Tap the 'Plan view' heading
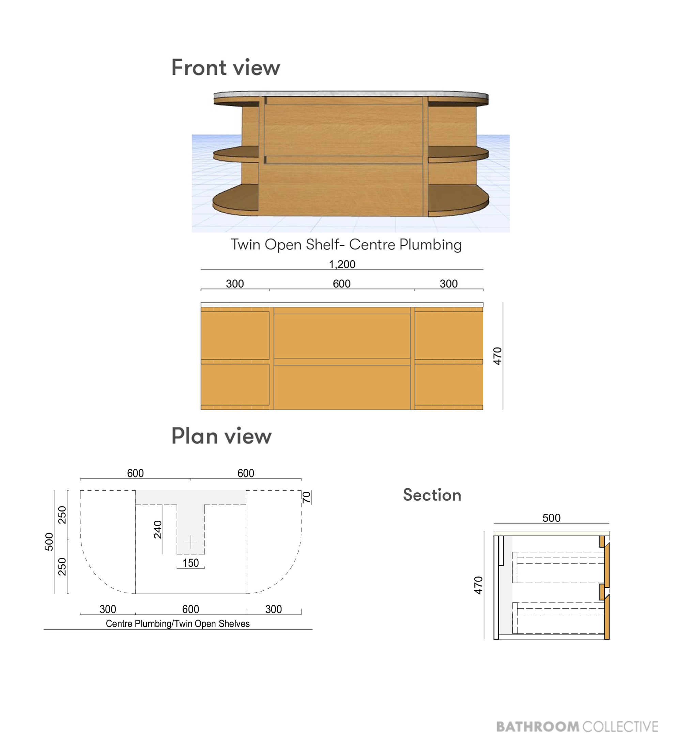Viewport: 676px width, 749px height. (x=221, y=436)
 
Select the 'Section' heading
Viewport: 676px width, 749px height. (x=432, y=495)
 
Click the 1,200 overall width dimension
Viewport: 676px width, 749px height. (x=342, y=264)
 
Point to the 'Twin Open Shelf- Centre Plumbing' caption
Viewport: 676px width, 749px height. (x=346, y=245)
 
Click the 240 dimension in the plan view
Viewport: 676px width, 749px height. (x=158, y=530)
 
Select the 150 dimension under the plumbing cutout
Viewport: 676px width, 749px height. (x=190, y=563)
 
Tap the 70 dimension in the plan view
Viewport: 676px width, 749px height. (x=306, y=498)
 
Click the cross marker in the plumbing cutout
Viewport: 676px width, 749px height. (x=190, y=543)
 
